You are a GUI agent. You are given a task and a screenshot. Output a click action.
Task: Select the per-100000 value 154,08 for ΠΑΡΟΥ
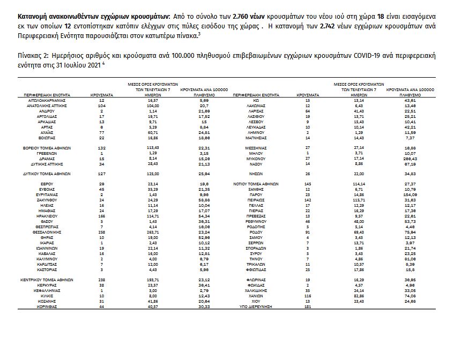[411, 194]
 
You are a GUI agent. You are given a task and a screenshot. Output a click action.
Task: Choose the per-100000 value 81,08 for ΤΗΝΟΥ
[411, 259]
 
